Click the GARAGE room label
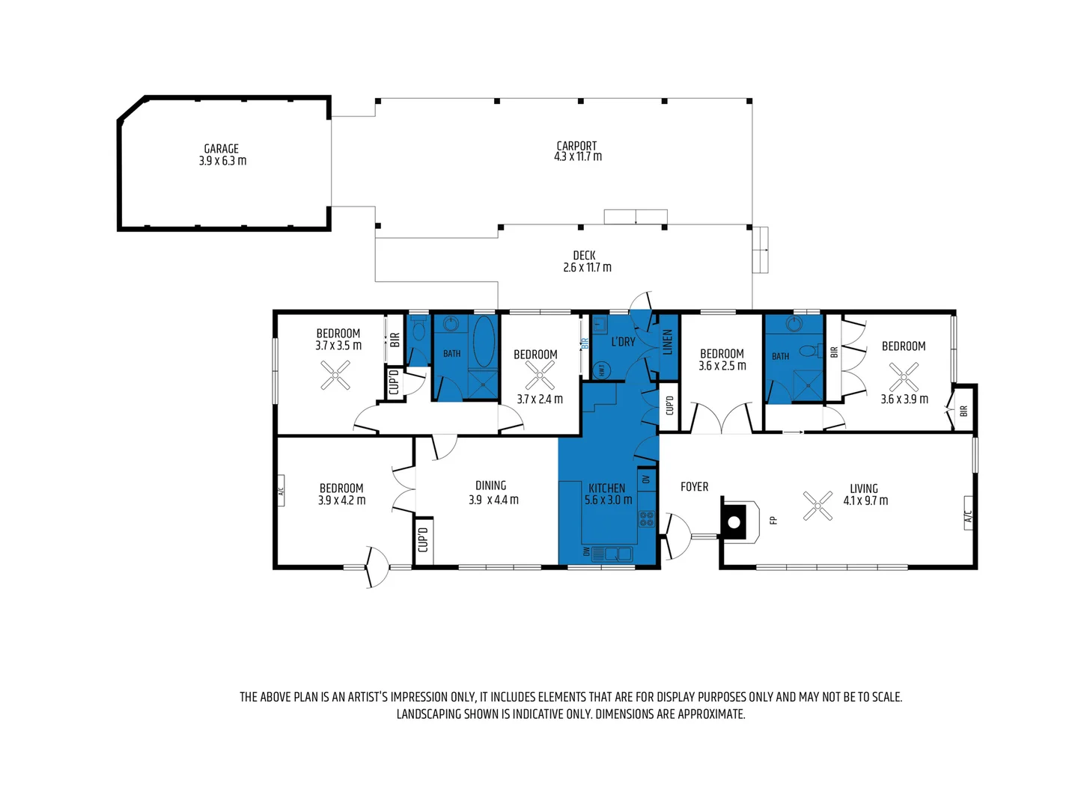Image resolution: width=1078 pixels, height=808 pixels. (222, 149)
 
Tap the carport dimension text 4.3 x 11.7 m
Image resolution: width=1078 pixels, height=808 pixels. (577, 157)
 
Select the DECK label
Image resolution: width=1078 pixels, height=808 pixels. (584, 256)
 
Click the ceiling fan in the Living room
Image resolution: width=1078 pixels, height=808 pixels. (817, 506)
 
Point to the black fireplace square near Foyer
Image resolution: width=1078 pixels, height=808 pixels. (734, 521)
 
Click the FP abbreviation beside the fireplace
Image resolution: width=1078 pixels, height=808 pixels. (773, 520)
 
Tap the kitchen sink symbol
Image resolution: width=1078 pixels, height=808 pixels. (618, 554)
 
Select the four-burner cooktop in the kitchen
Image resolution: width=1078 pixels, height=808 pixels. (646, 518)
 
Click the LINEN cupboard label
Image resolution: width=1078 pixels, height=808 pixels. (668, 343)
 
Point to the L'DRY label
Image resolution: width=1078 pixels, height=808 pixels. (623, 342)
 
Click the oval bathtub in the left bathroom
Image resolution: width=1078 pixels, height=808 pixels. (484, 341)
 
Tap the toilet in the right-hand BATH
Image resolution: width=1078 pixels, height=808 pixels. (807, 350)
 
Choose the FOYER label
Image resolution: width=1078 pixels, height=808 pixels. (694, 487)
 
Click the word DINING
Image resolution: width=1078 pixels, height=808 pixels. (491, 486)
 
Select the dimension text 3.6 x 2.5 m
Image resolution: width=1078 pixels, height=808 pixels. (722, 367)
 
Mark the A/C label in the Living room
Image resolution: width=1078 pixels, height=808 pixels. (968, 516)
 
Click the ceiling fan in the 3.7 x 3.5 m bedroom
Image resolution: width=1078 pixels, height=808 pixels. (335, 376)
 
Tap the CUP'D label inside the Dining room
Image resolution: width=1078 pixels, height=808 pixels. (423, 539)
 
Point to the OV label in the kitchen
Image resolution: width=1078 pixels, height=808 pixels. (646, 479)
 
